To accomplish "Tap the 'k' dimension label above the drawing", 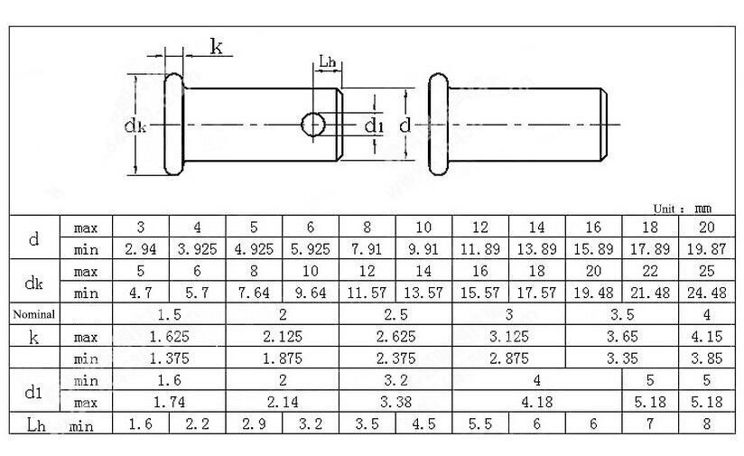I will [x=217, y=48].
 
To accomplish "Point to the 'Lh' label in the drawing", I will [x=327, y=62].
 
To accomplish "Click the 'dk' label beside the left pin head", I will [x=135, y=126].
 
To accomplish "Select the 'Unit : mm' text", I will [x=683, y=208].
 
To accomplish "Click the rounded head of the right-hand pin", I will [x=437, y=124].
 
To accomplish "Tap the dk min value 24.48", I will [x=706, y=293].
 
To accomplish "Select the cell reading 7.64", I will [x=254, y=293].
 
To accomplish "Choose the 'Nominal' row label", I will [x=34, y=315].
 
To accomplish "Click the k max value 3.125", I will [x=508, y=337].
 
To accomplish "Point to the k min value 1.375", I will [x=168, y=358].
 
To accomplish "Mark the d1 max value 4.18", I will [x=536, y=402].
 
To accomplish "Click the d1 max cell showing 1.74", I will [x=168, y=402].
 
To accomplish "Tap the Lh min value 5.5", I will [x=479, y=423].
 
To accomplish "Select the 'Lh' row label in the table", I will [x=34, y=423].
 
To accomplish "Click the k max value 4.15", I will [x=706, y=337].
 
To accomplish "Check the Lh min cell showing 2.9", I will [x=254, y=423].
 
